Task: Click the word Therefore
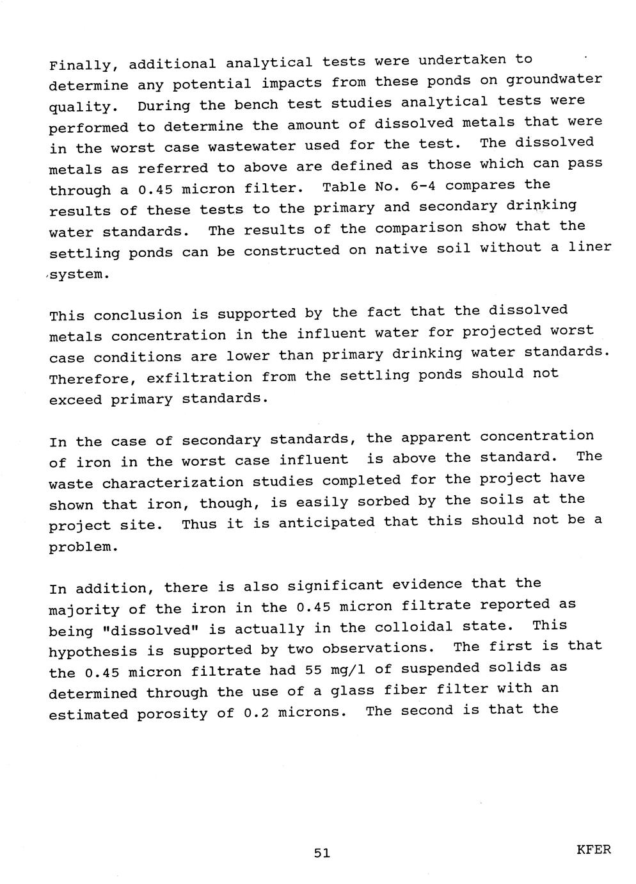pyautogui.click(x=88, y=379)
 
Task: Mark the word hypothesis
pyautogui.click(x=93, y=651)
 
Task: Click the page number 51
pyautogui.click(x=322, y=853)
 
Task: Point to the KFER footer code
pyautogui.click(x=593, y=850)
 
